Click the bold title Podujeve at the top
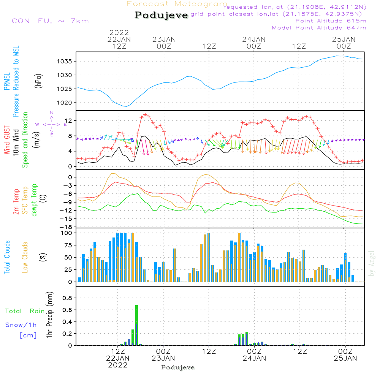[x=161, y=15]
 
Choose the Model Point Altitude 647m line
[x=319, y=28]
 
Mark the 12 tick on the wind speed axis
[x=70, y=120]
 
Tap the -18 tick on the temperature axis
[x=68, y=227]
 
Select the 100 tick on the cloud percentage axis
[x=67, y=233]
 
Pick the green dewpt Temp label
[x=34, y=201]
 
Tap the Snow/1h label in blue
[x=21, y=325]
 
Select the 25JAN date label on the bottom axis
[x=345, y=358]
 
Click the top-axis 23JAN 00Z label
[x=164, y=43]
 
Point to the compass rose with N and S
[x=51, y=124]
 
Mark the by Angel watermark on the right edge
[x=372, y=263]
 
